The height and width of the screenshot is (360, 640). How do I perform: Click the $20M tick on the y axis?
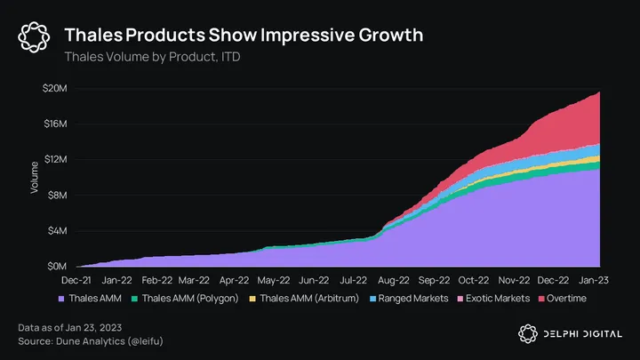click(56, 88)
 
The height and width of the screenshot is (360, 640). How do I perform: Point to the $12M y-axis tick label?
click(56, 159)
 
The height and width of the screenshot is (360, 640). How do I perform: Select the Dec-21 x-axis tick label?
click(78, 278)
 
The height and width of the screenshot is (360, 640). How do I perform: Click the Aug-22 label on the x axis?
click(392, 278)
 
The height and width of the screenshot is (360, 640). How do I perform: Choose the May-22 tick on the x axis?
click(275, 278)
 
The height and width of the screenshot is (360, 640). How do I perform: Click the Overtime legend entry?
click(567, 298)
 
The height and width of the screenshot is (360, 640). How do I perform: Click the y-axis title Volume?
click(35, 177)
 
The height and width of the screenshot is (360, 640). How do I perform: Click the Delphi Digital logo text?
click(583, 333)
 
